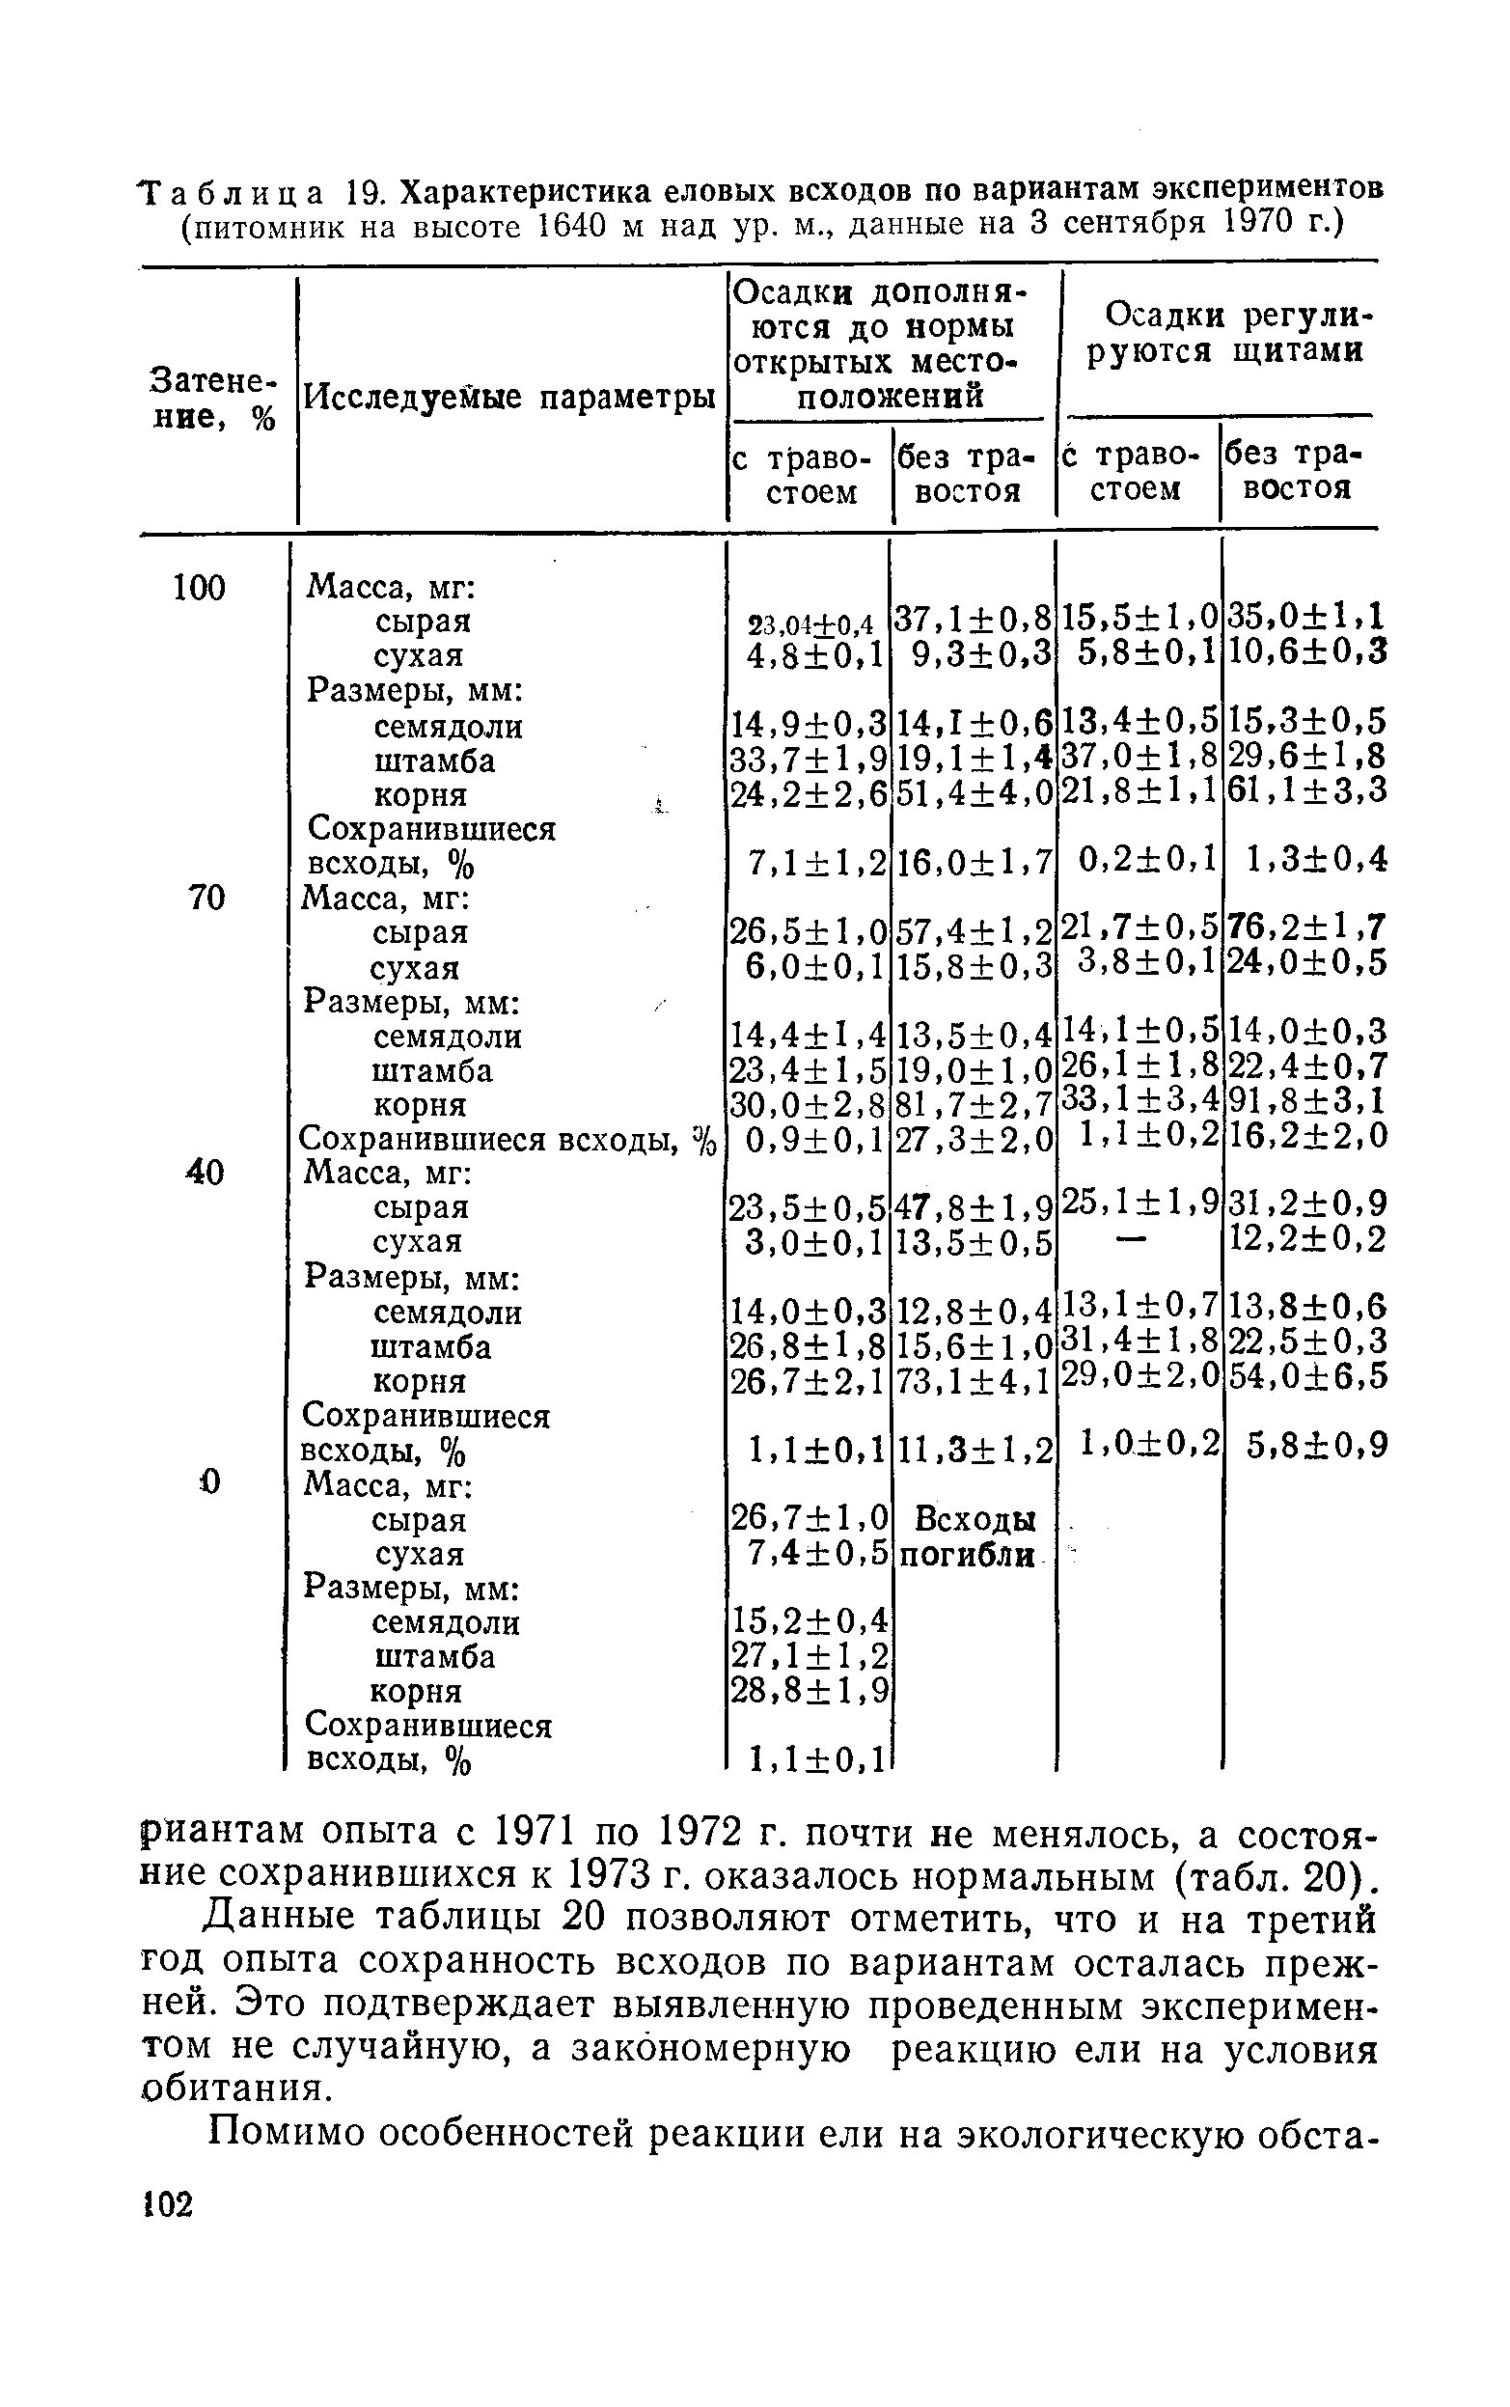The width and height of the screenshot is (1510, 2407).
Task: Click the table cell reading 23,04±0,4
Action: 810,625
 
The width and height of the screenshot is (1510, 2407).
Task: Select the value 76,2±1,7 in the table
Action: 1306,927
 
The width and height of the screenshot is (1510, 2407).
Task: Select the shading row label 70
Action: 207,898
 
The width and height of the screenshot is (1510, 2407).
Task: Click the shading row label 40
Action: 206,1171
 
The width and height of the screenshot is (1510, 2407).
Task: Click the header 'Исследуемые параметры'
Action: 510,398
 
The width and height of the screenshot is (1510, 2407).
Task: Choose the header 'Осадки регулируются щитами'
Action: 1225,334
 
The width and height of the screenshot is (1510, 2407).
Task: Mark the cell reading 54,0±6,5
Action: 1306,1376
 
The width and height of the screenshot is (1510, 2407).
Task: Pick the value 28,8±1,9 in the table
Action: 810,1690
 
